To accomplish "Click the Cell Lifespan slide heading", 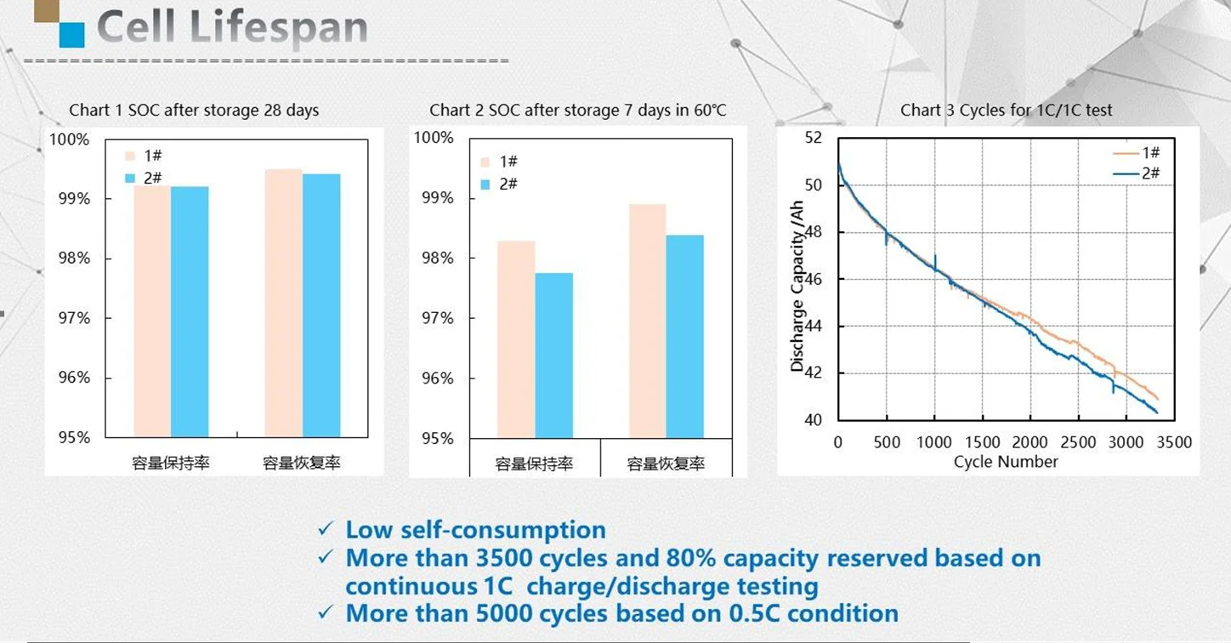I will click(x=232, y=28).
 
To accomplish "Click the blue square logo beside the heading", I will click(x=71, y=34).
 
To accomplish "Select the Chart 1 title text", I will click(x=194, y=111).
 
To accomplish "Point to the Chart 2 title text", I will click(x=578, y=111).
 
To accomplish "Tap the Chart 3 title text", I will click(x=1007, y=111).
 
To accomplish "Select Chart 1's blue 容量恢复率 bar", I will click(x=321, y=305).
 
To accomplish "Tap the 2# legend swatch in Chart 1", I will click(x=130, y=178).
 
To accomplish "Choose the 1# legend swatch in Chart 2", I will click(x=485, y=162).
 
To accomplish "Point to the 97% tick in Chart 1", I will click(x=73, y=318).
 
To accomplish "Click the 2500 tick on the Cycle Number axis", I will click(x=1079, y=442).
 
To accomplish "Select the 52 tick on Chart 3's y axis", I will click(x=814, y=138).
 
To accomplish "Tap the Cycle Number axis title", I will click(x=1006, y=462).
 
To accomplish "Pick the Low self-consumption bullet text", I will click(x=475, y=530).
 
